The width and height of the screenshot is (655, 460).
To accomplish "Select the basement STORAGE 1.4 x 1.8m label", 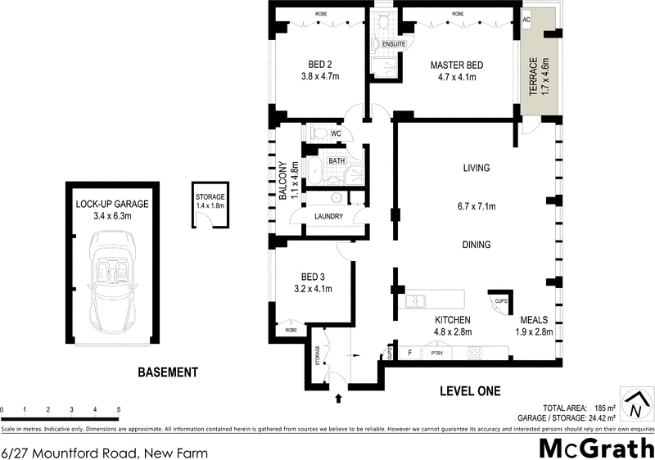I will tap(210, 201).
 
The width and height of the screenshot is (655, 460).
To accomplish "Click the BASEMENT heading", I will tap(167, 372).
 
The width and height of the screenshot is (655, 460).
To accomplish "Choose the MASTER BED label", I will tap(457, 71).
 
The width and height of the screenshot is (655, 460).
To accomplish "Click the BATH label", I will tap(337, 161).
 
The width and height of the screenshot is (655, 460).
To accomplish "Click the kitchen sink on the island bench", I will tap(414, 301).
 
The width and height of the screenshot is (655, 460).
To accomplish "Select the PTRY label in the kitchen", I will tap(436, 354).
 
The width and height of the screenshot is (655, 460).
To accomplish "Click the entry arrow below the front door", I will tap(338, 399).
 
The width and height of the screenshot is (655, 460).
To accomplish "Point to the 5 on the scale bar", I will tap(119, 409).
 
